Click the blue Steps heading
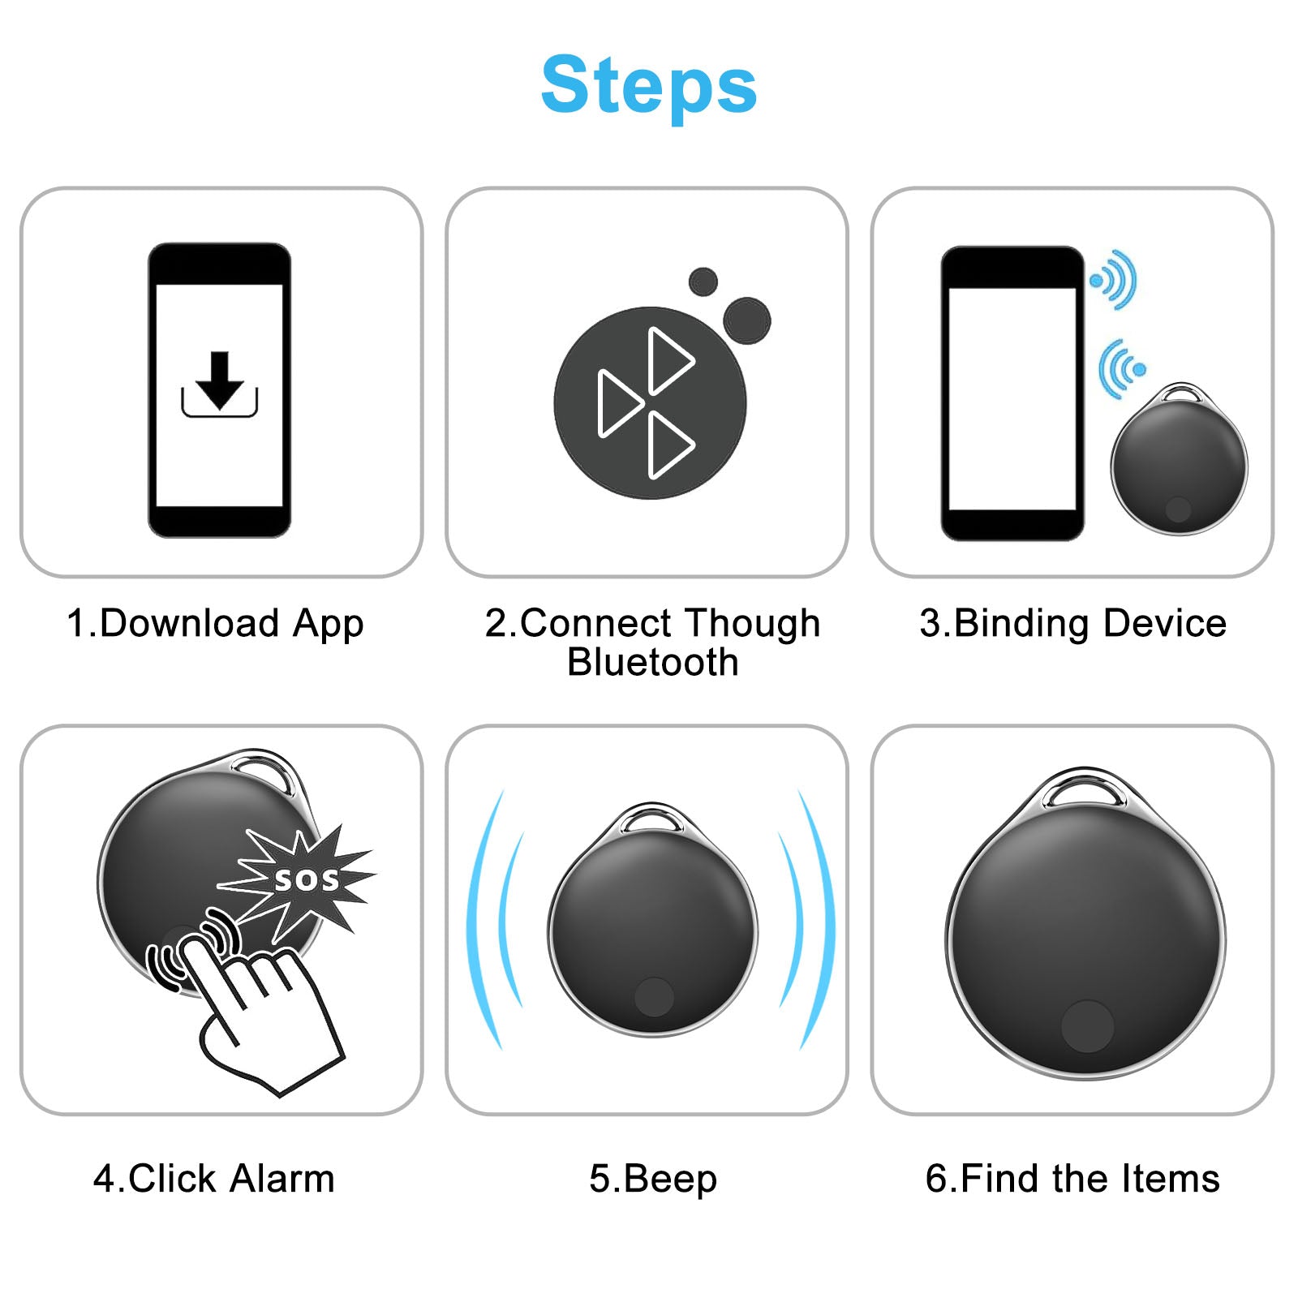[x=649, y=86]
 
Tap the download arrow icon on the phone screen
[x=219, y=385]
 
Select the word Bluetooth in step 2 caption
[x=653, y=662]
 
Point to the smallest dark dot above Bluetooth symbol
[x=703, y=282]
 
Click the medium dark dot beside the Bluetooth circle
[x=746, y=320]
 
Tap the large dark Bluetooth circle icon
[x=651, y=402]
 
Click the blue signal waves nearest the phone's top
[x=1114, y=280]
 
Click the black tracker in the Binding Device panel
[x=1179, y=459]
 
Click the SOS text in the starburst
[x=307, y=880]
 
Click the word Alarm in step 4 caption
[x=282, y=1179]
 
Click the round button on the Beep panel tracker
[x=654, y=997]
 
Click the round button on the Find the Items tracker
[x=1087, y=1026]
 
